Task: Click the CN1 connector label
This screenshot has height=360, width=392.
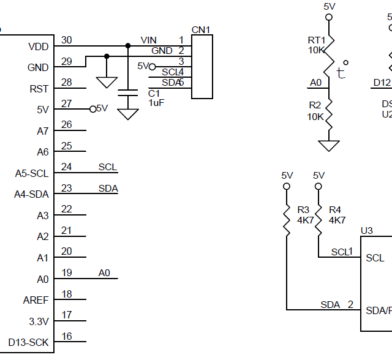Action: pyautogui.click(x=200, y=30)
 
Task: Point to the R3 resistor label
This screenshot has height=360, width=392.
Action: pyautogui.click(x=303, y=210)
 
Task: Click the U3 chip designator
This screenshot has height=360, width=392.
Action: pyautogui.click(x=366, y=230)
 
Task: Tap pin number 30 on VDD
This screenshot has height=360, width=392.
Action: pyautogui.click(x=67, y=40)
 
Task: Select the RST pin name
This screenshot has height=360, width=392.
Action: pyautogui.click(x=39, y=89)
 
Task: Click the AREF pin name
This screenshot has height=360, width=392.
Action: pyautogui.click(x=36, y=300)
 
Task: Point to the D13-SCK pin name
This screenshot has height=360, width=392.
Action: pyautogui.click(x=28, y=342)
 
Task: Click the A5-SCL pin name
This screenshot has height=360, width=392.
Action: pyautogui.click(x=31, y=173)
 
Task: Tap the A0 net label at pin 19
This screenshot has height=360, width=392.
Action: pyautogui.click(x=104, y=272)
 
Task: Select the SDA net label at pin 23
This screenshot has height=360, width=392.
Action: pyautogui.click(x=108, y=189)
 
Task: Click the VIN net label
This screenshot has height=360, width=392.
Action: pyautogui.click(x=149, y=40)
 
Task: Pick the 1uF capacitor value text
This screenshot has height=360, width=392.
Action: pyautogui.click(x=156, y=103)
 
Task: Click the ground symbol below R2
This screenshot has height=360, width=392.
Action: pyautogui.click(x=330, y=145)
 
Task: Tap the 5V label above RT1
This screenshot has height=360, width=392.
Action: pyautogui.click(x=330, y=6)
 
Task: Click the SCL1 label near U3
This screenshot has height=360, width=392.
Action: pyautogui.click(x=342, y=251)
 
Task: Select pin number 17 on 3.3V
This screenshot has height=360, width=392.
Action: pyautogui.click(x=67, y=315)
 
